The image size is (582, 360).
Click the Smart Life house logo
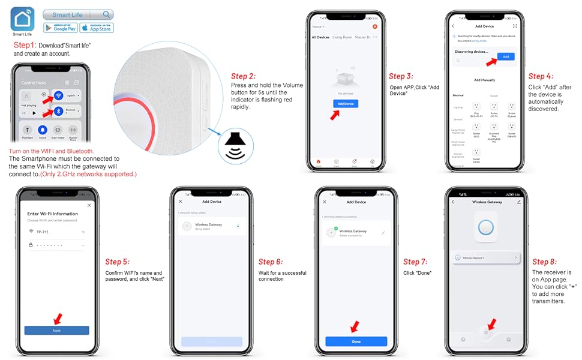[23, 19]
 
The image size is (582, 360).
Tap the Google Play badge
[60, 28]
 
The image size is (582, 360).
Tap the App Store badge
[96, 28]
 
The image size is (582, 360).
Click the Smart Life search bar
[78, 14]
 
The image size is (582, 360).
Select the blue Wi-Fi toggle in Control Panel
[58, 95]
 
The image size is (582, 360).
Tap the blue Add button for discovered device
[505, 56]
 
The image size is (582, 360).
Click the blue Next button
[56, 331]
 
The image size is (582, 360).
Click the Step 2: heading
[244, 76]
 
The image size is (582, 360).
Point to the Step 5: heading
[118, 262]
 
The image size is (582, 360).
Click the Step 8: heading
[545, 262]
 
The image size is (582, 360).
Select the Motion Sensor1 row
[485, 258]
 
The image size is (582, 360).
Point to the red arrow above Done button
[355, 326]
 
